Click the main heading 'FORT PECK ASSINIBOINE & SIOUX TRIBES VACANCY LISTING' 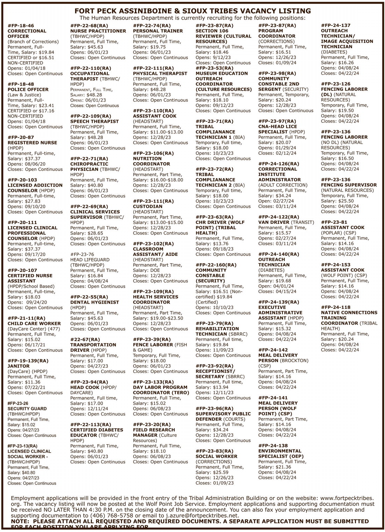tap(192, 11)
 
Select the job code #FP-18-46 tap(21, 26)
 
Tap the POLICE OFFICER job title tap(28, 89)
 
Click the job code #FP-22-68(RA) tap(89, 26)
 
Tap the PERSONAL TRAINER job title tap(158, 31)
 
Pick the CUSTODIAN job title tap(148, 207)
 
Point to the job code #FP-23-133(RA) tap(153, 382)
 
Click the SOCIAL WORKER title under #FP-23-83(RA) tap(216, 456)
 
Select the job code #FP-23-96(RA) tap(214, 409)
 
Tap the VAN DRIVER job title tap(273, 222)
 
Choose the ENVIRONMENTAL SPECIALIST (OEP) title tap(281, 454)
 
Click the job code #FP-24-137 tap(335, 26)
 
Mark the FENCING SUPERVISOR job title tap(349, 185)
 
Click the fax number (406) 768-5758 tap(108, 516)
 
